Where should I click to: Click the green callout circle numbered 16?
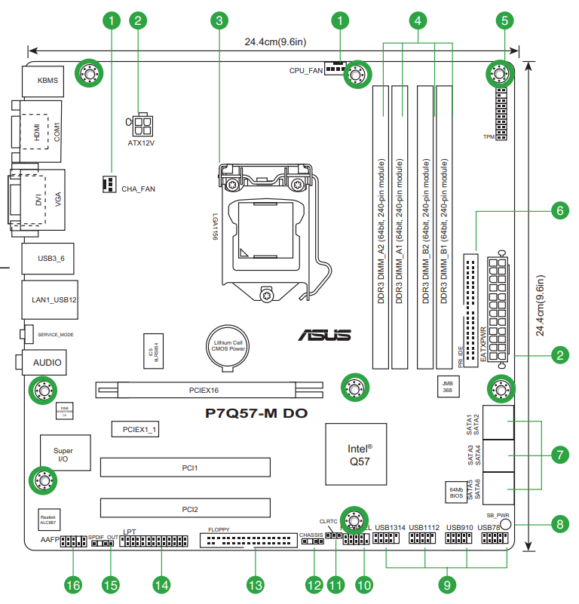pos(72,584)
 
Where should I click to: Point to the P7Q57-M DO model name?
pos(256,413)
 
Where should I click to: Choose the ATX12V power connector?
pos(141,124)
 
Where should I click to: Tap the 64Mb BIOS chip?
pos(456,492)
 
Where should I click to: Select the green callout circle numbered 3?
pos(219,21)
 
